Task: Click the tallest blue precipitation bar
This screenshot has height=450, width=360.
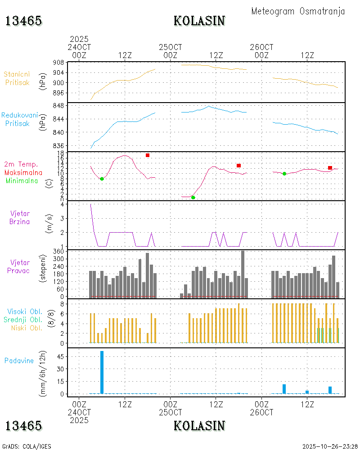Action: (102, 372)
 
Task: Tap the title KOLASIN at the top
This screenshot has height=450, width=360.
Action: (199, 21)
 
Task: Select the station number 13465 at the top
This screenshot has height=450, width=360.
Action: (23, 21)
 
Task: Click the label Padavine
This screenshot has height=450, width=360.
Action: (19, 360)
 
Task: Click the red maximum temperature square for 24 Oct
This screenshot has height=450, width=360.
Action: (147, 155)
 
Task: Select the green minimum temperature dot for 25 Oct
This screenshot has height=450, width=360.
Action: (193, 197)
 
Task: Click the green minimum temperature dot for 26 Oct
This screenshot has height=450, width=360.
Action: (284, 173)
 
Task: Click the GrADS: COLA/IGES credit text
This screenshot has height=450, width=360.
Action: (27, 446)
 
